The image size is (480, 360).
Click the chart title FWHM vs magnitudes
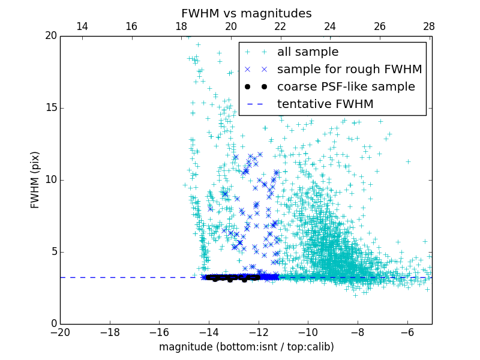pos(246,13)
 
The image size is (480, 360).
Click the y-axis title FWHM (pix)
pos(35,179)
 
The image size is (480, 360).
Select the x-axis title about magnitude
pos(246,347)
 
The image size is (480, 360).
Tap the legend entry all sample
pos(307,52)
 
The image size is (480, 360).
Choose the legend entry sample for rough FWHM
pos(349,70)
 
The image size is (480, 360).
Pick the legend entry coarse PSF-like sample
pos(346,87)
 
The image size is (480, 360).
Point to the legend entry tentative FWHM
pos(325,104)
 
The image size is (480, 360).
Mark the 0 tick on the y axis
pos(53,324)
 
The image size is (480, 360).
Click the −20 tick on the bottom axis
pos(60,332)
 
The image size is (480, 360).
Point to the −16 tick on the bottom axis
pos(159,332)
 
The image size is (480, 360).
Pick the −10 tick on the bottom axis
pos(308,332)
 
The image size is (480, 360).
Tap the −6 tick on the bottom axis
pos(407,332)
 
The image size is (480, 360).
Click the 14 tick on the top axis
pos(82,26)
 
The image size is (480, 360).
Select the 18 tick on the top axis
pos(181,26)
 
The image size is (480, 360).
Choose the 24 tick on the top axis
pos(330,26)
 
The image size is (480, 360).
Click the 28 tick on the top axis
pos(429,26)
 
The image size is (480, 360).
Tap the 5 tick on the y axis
pos(53,252)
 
